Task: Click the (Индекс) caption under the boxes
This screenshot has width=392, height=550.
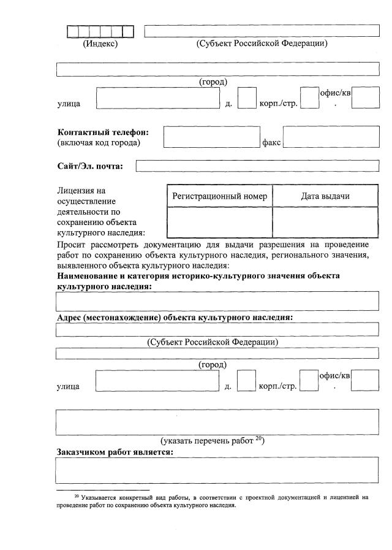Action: [x=100, y=44]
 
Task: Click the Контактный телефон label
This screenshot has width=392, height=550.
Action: [x=103, y=132]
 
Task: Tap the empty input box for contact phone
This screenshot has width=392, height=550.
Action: [x=211, y=137]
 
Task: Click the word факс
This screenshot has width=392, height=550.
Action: [x=271, y=143]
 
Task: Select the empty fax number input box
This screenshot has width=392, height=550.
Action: [x=331, y=137]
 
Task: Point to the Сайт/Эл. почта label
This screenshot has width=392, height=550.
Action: [x=90, y=166]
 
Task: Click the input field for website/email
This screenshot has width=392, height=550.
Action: [x=257, y=166]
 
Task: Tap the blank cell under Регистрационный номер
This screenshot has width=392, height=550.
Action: [x=219, y=222]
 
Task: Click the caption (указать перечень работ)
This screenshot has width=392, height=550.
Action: [x=212, y=440]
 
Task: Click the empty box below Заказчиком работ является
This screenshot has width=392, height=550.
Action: [x=217, y=470]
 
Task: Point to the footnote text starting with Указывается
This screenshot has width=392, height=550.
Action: [x=104, y=498]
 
